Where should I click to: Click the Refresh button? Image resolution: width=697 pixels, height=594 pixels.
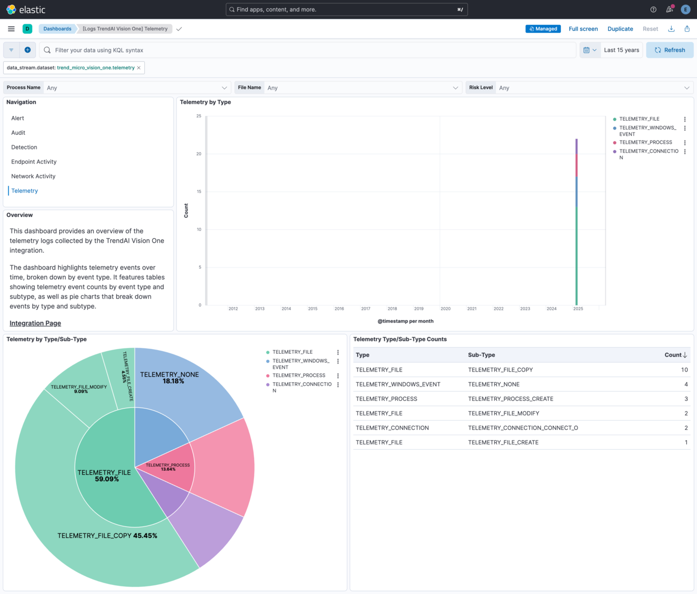(x=669, y=50)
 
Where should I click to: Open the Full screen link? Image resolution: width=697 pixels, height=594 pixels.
(x=583, y=28)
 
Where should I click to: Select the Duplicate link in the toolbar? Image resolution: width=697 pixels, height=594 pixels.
(x=620, y=28)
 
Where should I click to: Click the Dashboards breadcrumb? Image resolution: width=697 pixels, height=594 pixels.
(x=57, y=28)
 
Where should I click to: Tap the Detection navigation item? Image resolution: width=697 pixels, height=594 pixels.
(x=24, y=147)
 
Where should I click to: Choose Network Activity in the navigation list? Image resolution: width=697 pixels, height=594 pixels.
(x=33, y=176)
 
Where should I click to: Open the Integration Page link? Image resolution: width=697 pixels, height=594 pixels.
(x=35, y=323)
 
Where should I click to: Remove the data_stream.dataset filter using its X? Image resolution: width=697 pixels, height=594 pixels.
(x=138, y=68)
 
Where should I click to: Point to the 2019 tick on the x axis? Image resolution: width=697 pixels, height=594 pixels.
(x=419, y=308)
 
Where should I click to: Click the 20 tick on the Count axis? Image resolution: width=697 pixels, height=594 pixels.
(x=198, y=154)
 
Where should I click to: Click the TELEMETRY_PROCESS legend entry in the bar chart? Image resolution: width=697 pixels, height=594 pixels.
(x=646, y=142)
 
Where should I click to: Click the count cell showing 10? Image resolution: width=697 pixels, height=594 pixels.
(x=684, y=370)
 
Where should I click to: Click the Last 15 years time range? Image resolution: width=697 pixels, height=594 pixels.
(x=621, y=50)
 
